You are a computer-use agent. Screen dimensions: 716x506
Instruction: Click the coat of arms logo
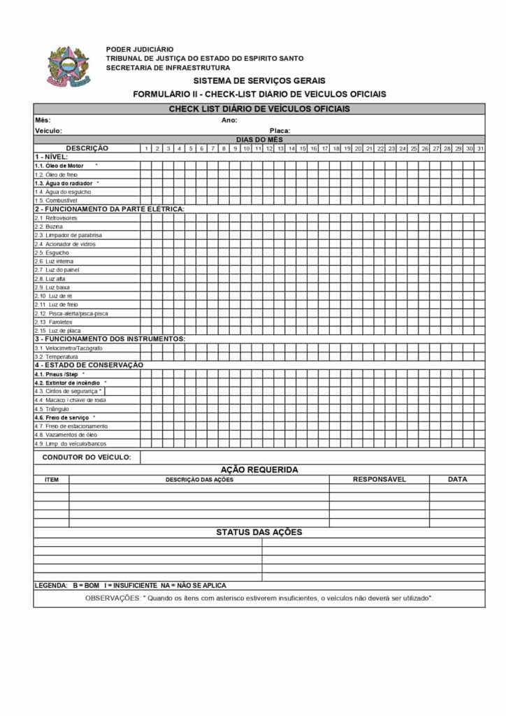pos(68,66)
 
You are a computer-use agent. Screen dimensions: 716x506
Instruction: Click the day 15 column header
pos(302,148)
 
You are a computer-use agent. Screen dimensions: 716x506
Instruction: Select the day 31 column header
pos(480,148)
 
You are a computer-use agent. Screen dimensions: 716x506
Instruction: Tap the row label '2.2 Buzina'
pos(49,227)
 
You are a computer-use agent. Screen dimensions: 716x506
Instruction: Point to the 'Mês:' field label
pos(43,120)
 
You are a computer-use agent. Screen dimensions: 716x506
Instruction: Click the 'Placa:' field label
pos(280,131)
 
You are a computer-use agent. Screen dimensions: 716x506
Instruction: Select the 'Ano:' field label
pos(229,120)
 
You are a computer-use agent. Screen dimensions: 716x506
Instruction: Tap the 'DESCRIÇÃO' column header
pos(87,148)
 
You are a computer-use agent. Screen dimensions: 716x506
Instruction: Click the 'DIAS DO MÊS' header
pos(259,139)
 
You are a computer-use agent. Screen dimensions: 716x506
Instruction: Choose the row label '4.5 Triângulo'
pos(51,408)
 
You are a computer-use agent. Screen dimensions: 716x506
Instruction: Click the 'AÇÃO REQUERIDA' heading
pos(259,469)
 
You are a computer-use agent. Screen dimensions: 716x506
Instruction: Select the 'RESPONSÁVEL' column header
pos(379,479)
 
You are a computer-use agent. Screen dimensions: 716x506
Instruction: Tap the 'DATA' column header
pos(458,479)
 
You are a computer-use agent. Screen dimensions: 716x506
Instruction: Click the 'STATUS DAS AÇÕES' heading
pos(259,532)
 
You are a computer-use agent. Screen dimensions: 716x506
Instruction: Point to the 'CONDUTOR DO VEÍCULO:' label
pos(87,457)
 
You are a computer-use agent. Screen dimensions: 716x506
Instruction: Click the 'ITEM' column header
pos(52,480)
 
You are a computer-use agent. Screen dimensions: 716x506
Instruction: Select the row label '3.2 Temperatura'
pos(57,357)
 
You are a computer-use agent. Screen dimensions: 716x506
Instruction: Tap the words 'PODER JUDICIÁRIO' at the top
pos(140,49)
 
